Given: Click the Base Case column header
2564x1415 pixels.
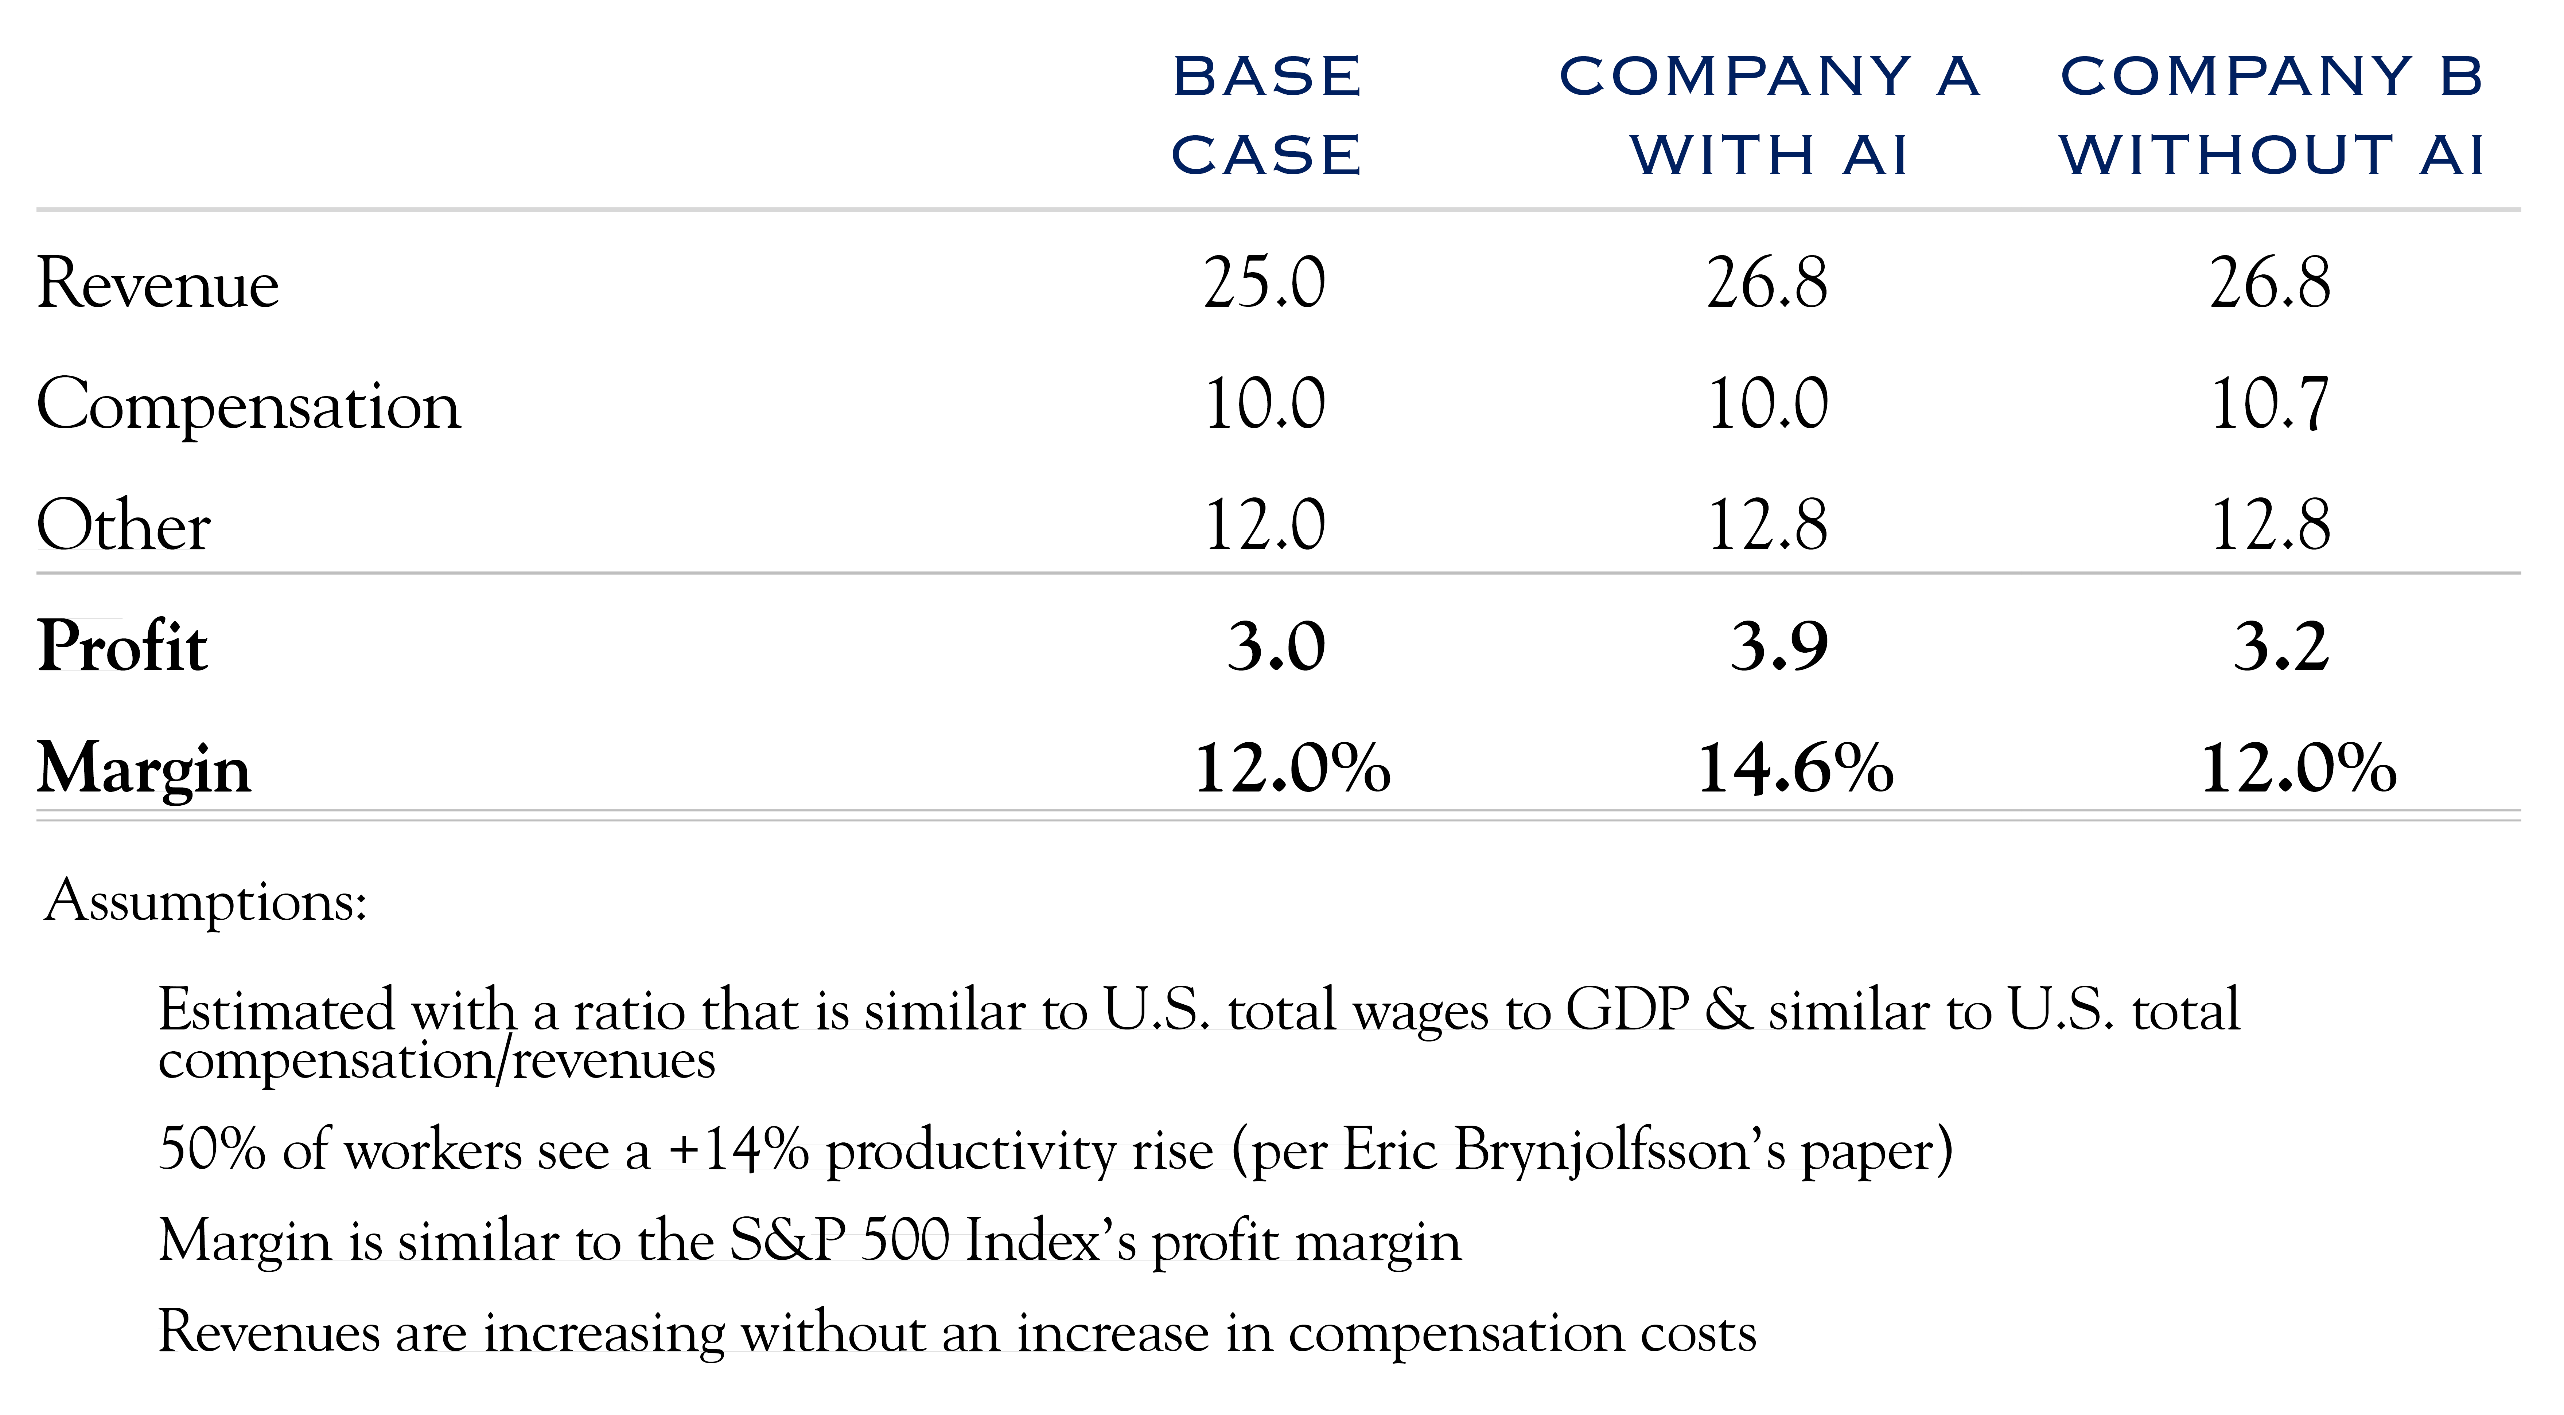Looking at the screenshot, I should click(x=1266, y=116).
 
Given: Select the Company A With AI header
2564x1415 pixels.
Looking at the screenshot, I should click(x=1769, y=116).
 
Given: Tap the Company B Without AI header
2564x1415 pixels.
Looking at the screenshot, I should click(x=2272, y=116).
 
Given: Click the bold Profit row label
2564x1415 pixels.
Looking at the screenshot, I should click(x=122, y=647).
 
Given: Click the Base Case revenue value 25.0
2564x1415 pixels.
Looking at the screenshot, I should click(x=1264, y=284).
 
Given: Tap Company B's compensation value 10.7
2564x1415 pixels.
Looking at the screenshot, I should click(x=2269, y=405).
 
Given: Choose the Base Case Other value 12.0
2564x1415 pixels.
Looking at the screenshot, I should click(x=1264, y=525).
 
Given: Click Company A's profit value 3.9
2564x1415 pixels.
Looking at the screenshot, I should click(x=1779, y=647).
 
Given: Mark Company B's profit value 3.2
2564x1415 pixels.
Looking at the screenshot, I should click(x=2280, y=647).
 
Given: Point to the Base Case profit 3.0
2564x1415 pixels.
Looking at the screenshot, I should click(x=1276, y=647).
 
